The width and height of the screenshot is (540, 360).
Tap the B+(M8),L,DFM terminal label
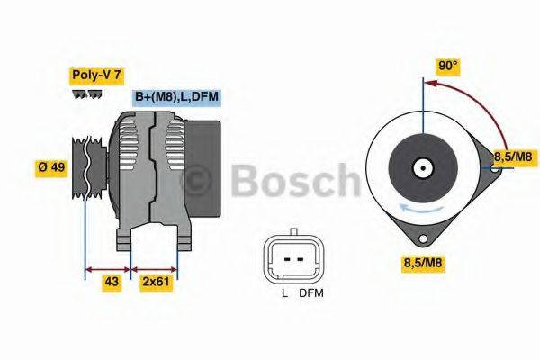point(176,97)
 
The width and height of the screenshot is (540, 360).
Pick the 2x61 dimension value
point(155,282)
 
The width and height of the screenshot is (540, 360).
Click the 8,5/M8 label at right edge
point(513,157)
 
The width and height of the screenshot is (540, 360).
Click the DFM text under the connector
point(310,293)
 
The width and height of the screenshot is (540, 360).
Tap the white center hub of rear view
point(421,167)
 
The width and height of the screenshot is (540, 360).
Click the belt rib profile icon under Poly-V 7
point(87,94)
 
